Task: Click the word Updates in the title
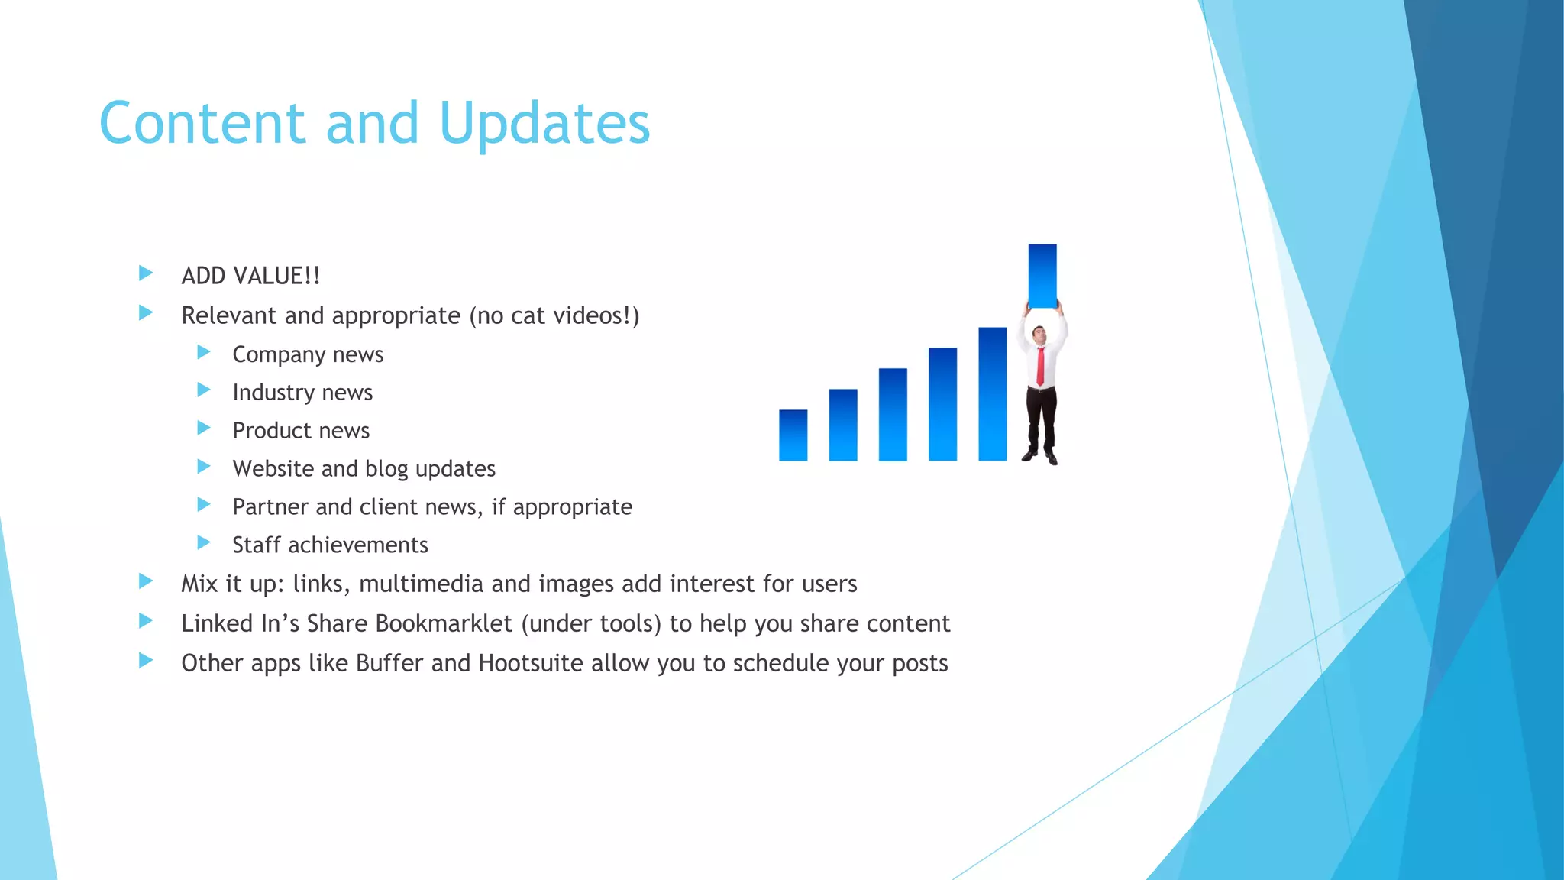tap(544, 124)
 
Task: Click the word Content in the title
tap(202, 124)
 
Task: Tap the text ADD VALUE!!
tap(250, 276)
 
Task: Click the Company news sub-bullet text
tap(308, 354)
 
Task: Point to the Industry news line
tap(302, 393)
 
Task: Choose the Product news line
tap(301, 431)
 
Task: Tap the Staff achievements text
tap(330, 545)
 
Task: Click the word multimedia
tap(421, 584)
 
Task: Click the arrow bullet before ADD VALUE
tap(146, 273)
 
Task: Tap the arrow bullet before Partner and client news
tap(204, 504)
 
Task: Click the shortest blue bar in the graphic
tap(793, 435)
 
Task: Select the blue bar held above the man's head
tap(1042, 276)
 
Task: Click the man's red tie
tap(1040, 366)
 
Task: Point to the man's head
tap(1039, 333)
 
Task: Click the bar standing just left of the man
tap(992, 394)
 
